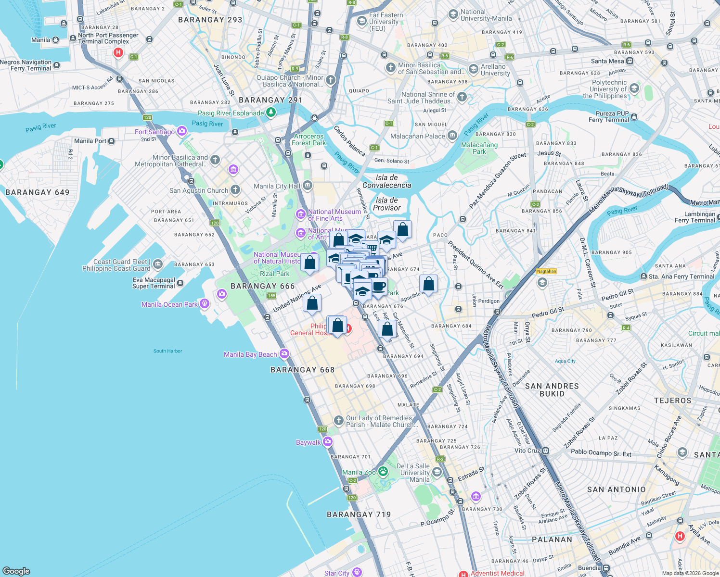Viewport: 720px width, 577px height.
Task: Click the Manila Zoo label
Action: [x=359, y=472]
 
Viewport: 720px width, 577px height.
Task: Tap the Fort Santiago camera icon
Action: [x=182, y=131]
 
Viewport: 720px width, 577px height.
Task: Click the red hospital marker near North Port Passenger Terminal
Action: [x=118, y=52]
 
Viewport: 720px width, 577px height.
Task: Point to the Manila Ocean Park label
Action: [x=169, y=304]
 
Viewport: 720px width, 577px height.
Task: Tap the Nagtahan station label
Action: [x=546, y=271]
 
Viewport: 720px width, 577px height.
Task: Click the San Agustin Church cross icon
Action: [x=235, y=190]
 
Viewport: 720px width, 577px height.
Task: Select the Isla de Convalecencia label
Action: [x=386, y=181]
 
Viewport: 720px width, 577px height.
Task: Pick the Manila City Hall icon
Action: [x=308, y=186]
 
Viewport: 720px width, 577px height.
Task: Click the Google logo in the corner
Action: [x=16, y=571]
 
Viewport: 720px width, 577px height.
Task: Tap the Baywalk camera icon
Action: [x=328, y=442]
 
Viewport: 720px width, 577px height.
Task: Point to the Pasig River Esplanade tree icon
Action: [x=271, y=113]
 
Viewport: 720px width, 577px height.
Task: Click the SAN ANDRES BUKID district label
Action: [x=552, y=390]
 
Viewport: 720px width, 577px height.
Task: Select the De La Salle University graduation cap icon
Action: [x=437, y=472]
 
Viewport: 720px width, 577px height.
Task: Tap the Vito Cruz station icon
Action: [x=546, y=451]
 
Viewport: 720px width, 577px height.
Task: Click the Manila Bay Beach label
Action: [x=250, y=354]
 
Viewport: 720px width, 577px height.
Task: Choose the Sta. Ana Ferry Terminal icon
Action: [x=643, y=276]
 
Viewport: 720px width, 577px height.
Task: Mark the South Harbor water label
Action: [x=167, y=351]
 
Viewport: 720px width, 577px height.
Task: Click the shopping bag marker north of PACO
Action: [x=402, y=230]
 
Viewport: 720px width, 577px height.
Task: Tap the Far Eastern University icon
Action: [x=361, y=21]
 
